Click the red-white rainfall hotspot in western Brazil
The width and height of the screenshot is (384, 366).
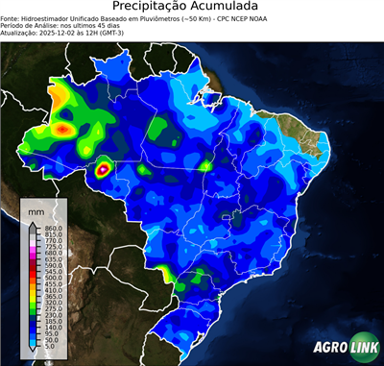click(103, 171)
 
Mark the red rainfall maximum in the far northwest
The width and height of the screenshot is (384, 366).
click(63, 127)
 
